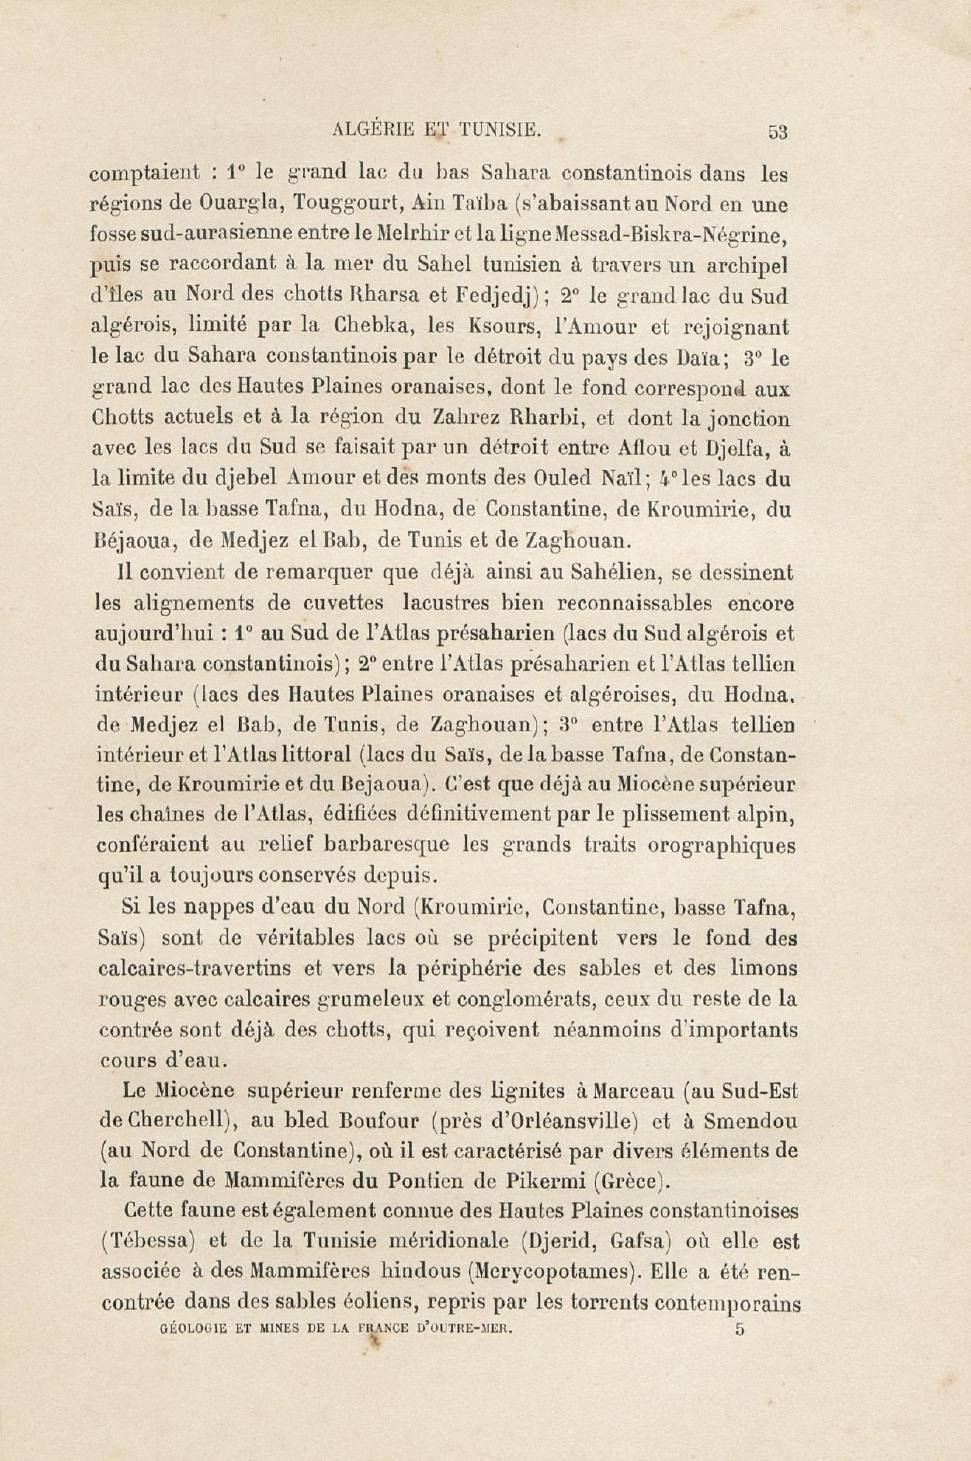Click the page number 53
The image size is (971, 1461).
777,132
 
